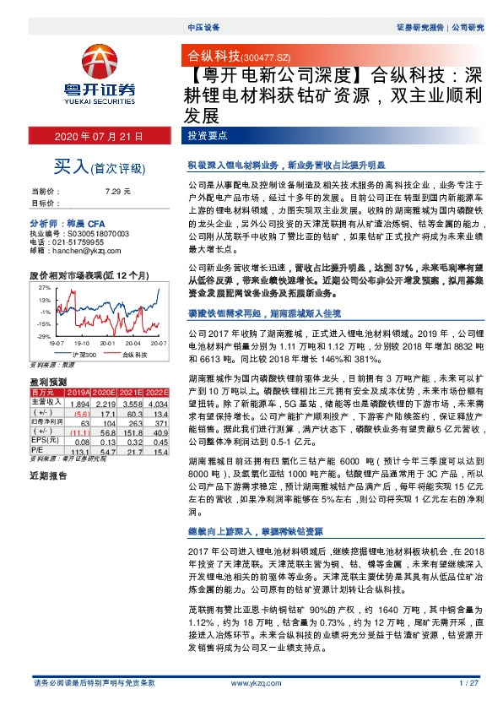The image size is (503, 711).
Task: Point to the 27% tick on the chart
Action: point(44,288)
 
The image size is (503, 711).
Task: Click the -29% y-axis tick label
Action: point(43,337)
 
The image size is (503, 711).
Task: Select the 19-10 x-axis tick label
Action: point(81,344)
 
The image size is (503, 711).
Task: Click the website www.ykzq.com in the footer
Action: point(251,681)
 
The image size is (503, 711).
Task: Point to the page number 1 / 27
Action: point(468,681)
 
